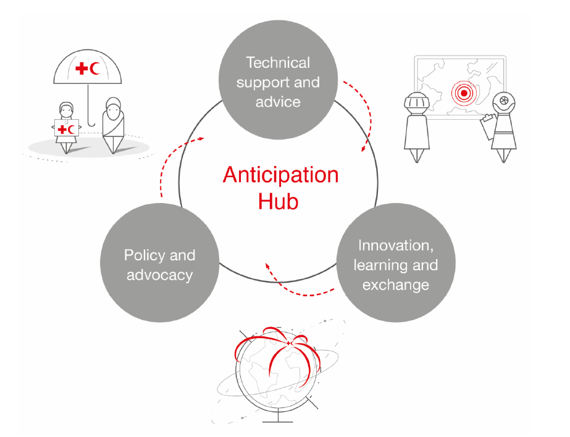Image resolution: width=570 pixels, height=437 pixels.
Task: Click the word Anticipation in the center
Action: tap(280, 175)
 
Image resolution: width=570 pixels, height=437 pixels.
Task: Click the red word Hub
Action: tap(278, 201)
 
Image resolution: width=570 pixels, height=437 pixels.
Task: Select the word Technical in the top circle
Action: tap(278, 62)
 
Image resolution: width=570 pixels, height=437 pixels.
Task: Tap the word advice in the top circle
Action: tap(278, 102)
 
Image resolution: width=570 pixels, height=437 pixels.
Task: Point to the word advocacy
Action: tap(159, 275)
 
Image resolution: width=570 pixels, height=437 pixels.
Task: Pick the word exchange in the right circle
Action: tap(395, 285)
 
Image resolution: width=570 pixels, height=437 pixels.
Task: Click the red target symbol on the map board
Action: tap(464, 93)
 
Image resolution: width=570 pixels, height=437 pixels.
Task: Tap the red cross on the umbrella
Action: tap(82, 69)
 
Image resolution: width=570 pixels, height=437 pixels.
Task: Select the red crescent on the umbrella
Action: tap(95, 69)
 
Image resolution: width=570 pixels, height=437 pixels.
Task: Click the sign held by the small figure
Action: tap(67, 128)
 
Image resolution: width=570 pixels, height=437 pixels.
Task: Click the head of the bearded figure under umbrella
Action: tap(113, 106)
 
